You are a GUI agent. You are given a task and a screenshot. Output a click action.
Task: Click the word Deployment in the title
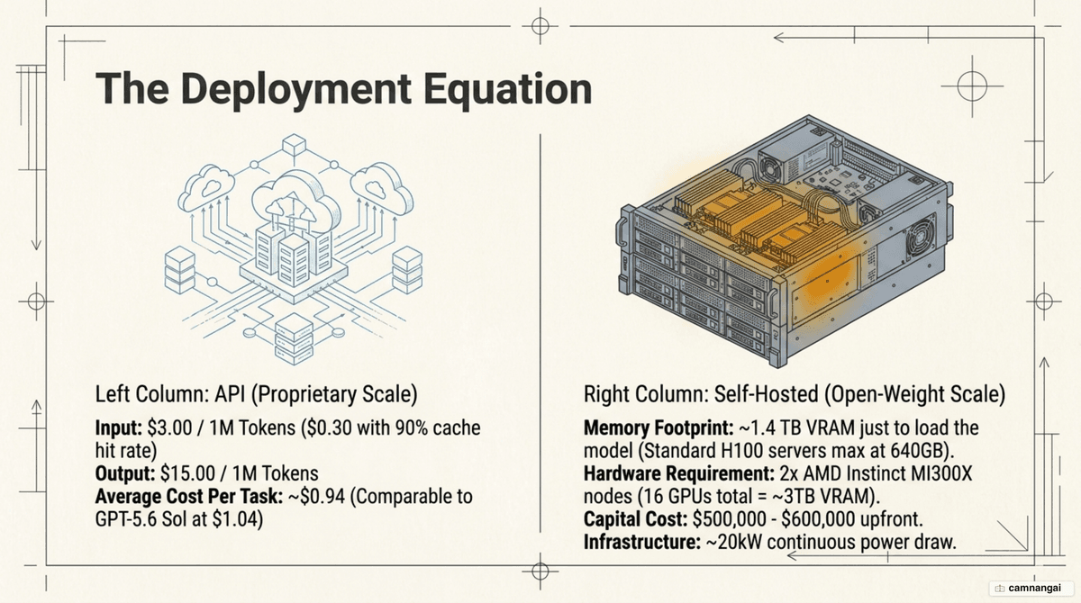point(297,90)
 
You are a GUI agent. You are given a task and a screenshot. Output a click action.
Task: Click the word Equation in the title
point(508,90)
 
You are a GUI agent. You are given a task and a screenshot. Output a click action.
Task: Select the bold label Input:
point(119,428)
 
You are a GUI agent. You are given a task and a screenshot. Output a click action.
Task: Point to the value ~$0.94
point(316,497)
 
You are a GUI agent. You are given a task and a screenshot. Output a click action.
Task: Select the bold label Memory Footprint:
point(659,428)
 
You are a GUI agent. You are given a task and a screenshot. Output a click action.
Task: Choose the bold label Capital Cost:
point(636,519)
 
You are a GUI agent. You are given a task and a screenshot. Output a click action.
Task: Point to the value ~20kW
point(734,543)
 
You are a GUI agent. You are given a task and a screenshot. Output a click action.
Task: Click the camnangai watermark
point(1029,588)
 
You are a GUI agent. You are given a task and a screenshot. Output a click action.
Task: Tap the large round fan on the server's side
point(921,238)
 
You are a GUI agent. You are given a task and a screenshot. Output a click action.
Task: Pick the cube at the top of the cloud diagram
point(294,144)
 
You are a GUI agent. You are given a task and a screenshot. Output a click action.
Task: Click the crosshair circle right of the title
point(972,86)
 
